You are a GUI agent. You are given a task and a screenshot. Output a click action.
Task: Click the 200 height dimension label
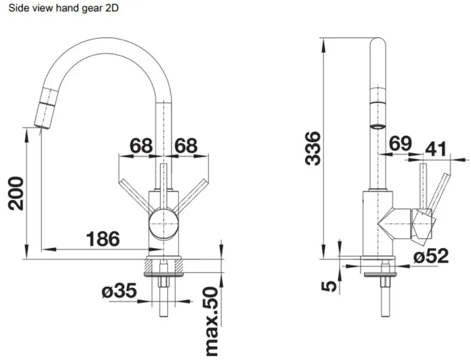point(16,194)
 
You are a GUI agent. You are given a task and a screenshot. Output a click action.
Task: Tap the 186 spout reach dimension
point(103,239)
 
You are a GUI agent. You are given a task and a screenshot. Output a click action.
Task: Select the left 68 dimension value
point(141,146)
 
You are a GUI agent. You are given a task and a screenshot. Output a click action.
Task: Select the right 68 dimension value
point(186,146)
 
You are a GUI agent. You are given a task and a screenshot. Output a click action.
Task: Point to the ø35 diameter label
point(119,291)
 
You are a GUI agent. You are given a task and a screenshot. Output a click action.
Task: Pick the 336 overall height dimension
point(313,148)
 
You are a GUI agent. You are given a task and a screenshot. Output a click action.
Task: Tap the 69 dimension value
point(400,144)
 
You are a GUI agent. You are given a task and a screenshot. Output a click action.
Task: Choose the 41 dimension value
point(436,149)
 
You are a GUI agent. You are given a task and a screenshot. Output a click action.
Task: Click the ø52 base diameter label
point(431,256)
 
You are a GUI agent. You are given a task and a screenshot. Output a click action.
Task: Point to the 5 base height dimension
point(329,286)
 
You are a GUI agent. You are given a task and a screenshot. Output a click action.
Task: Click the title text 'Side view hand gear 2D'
point(63,8)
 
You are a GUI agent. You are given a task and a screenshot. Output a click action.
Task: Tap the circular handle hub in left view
point(163,224)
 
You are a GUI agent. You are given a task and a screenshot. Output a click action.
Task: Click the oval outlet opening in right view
point(378,127)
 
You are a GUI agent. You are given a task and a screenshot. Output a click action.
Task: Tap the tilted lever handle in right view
point(439,192)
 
